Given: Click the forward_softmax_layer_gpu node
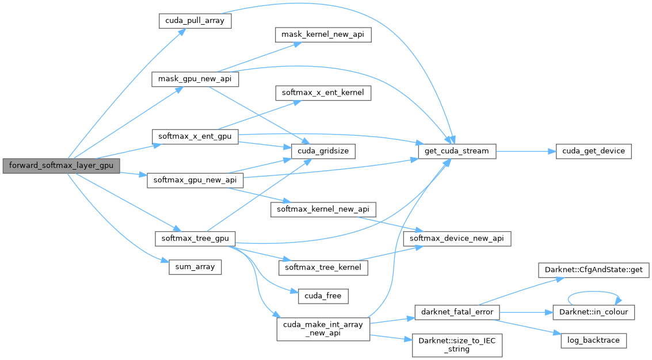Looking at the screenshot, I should pyautogui.click(x=60, y=166).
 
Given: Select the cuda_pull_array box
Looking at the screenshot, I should pyautogui.click(x=195, y=21).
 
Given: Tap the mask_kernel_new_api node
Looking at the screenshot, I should pyautogui.click(x=322, y=35).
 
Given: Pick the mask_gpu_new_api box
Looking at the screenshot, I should pyautogui.click(x=195, y=79).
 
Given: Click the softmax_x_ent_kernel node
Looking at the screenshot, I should pyautogui.click(x=323, y=92).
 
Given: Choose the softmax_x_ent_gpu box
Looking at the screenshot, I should pyautogui.click(x=195, y=137).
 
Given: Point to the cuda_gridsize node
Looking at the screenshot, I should pyautogui.click(x=323, y=151).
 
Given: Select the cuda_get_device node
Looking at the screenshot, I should pyautogui.click(x=593, y=151).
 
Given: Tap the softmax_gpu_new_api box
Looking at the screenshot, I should pyautogui.click(x=195, y=179).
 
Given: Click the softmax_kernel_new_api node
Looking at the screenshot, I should pyautogui.click(x=323, y=208).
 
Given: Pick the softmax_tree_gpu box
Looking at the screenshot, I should pyautogui.click(x=195, y=238).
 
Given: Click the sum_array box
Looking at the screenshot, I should pyautogui.click(x=195, y=266).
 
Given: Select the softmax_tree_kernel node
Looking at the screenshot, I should pyautogui.click(x=323, y=267).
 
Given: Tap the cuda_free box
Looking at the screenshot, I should pyautogui.click(x=323, y=296).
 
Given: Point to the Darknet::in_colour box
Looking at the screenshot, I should pyautogui.click(x=593, y=312).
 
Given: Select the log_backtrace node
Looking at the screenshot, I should pyautogui.click(x=593, y=340).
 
